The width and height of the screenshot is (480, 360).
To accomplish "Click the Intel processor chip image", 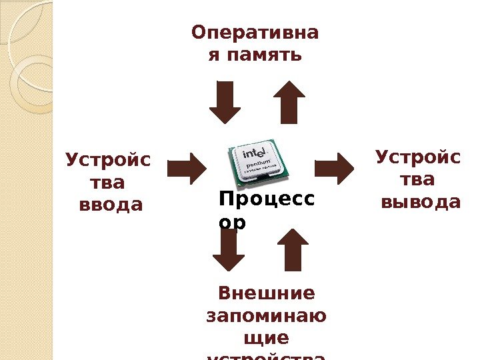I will [x=259, y=161].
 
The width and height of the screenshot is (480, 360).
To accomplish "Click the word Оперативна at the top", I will [x=255, y=32].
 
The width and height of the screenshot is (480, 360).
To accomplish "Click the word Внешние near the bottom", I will [x=267, y=293].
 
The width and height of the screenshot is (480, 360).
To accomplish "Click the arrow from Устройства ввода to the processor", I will [x=187, y=168].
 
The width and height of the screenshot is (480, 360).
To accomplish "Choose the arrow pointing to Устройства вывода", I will [x=335, y=168].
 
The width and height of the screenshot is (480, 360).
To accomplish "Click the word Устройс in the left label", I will [x=109, y=161].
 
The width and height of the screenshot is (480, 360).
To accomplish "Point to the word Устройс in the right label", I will [x=417, y=158].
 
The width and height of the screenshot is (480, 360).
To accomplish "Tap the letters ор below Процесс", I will [x=232, y=222].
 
